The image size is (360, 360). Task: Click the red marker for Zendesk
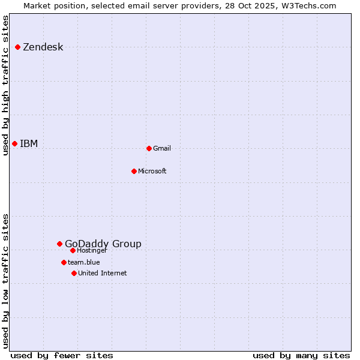click(18, 47)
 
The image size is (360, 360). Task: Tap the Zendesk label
click(43, 47)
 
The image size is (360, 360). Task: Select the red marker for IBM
click(14, 143)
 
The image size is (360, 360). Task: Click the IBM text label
click(29, 143)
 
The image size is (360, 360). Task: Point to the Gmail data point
click(149, 148)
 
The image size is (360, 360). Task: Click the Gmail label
click(162, 149)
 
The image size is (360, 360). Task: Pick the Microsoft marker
click(134, 171)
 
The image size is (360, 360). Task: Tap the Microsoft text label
click(152, 172)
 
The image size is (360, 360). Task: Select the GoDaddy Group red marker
click(59, 244)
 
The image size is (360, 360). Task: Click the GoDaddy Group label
click(103, 244)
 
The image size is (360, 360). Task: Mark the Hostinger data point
click(73, 250)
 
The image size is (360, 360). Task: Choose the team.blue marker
click(64, 262)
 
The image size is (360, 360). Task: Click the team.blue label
click(83, 262)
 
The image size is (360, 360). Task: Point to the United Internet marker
click(74, 273)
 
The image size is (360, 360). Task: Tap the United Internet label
click(102, 274)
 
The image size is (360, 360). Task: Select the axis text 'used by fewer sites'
click(62, 355)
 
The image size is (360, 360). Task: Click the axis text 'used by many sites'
click(301, 355)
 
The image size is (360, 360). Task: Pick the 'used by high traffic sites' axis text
click(5, 85)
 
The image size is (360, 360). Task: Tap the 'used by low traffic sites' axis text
click(5, 281)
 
